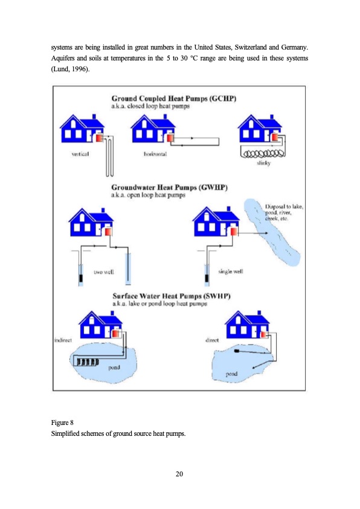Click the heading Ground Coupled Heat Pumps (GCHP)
tap(173, 98)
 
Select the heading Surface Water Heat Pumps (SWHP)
tap(174, 296)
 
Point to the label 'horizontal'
tap(156, 154)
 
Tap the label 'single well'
tap(230, 273)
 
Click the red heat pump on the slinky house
tap(275, 138)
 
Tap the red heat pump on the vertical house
tap(98, 138)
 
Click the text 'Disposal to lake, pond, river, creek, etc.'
tap(284, 213)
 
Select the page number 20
tap(179, 473)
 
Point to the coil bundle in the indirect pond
tap(86, 362)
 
